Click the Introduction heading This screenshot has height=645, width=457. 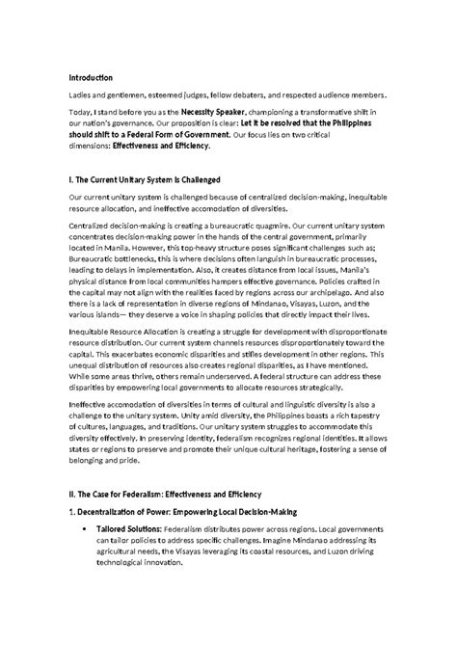coord(91,77)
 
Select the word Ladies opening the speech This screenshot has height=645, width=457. coord(79,95)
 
